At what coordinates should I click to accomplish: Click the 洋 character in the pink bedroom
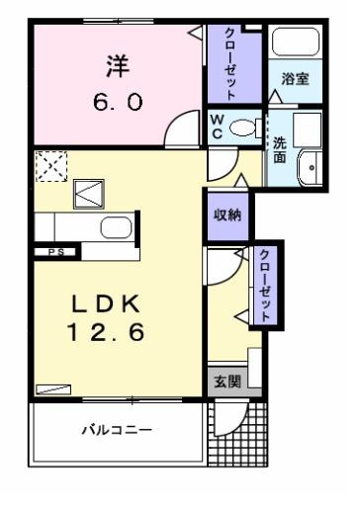118,66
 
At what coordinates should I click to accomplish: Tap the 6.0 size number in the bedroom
118,102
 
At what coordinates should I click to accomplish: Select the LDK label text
106,303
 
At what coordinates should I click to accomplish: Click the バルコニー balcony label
117,430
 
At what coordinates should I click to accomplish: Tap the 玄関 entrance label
227,382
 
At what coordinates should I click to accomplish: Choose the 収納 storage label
227,215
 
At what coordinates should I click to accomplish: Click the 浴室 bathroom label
295,79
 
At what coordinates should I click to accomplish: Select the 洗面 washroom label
280,150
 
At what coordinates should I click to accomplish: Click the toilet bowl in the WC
242,128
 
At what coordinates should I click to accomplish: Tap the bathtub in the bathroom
296,42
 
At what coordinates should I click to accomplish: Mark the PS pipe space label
56,252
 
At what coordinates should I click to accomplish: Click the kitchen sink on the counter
117,227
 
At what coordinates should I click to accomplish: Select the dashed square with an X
51,166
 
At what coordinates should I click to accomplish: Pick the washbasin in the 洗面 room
310,167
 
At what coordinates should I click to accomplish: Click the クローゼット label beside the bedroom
230,64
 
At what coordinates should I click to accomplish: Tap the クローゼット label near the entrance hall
265,286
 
